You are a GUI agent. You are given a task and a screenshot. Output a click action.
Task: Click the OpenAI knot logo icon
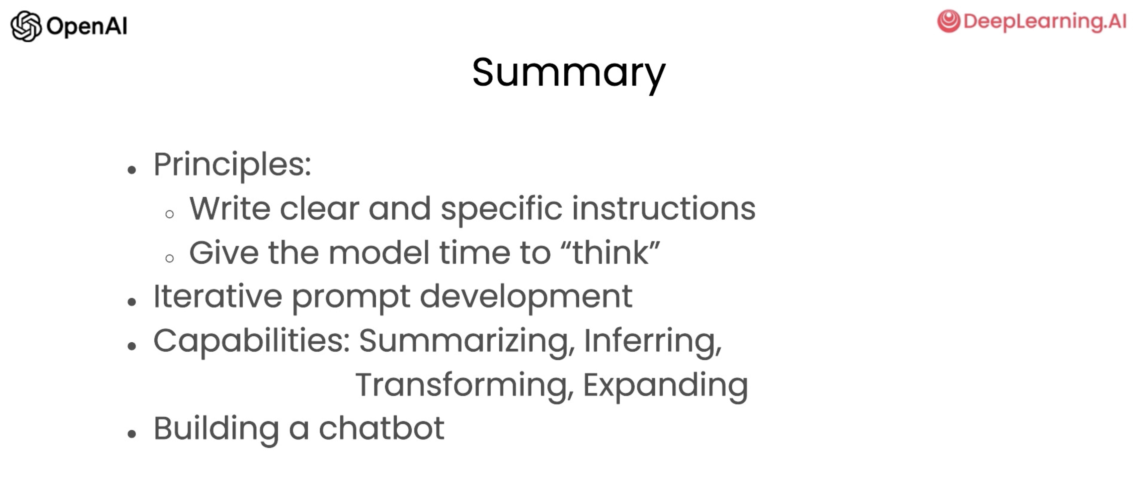26,26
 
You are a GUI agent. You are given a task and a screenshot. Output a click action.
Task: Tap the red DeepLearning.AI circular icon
948,21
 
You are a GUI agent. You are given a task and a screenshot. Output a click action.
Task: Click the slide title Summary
569,73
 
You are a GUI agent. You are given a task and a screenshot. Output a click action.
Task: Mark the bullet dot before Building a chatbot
131,434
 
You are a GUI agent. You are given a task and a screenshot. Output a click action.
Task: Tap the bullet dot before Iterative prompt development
131,302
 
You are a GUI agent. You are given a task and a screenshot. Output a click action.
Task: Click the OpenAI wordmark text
87,27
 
